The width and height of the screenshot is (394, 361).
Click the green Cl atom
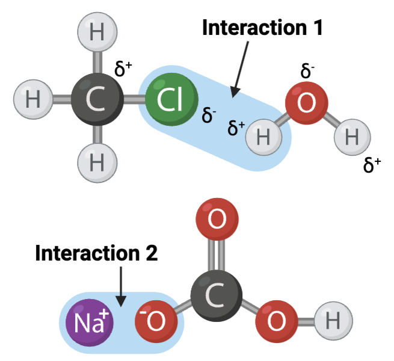coord(171,99)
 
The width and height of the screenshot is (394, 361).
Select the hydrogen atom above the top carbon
coord(97,32)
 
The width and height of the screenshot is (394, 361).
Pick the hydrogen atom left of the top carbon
coord(33,99)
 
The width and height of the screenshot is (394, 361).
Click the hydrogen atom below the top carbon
coord(97,162)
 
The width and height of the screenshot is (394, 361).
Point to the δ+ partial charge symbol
coord(236,128)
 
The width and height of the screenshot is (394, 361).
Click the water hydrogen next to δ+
coord(263,137)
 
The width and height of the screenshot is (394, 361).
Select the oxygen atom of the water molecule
coord(306,103)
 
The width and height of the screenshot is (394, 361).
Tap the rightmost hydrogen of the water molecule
coord(352,137)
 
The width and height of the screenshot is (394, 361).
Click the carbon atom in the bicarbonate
coord(217,295)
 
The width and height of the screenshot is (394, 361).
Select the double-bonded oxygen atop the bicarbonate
coord(217,220)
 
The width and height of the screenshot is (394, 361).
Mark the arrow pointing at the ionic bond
coord(122,286)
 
